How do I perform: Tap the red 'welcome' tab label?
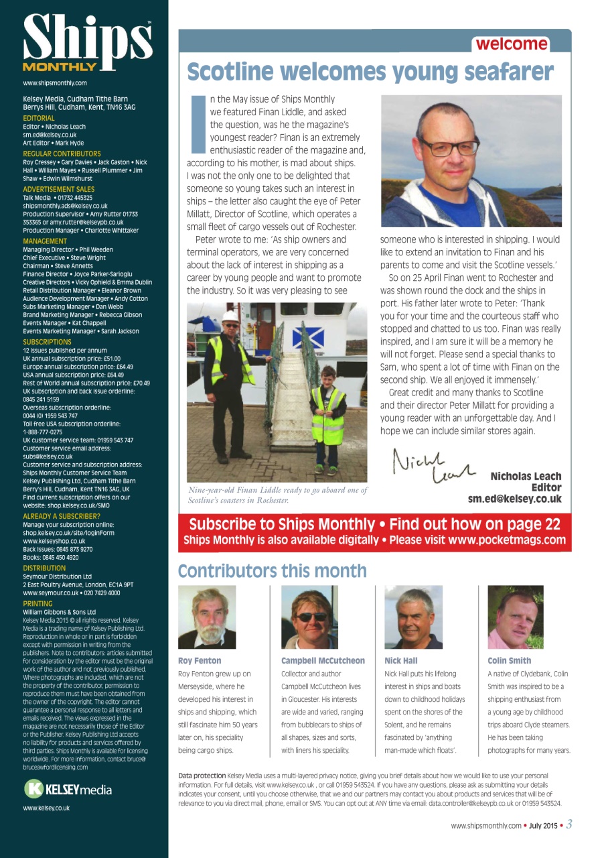click(x=511, y=44)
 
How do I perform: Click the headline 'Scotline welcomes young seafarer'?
click(x=370, y=72)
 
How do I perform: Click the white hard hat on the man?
click(x=230, y=316)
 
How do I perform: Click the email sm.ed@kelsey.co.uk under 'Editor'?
click(x=514, y=499)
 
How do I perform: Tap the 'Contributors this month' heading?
click(x=272, y=571)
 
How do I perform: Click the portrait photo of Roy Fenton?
click(x=207, y=617)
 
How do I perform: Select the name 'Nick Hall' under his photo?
click(x=400, y=660)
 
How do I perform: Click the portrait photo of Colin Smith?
click(x=516, y=617)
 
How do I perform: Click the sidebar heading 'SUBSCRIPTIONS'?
click(x=47, y=342)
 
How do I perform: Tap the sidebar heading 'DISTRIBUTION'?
click(x=44, y=568)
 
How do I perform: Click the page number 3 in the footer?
click(x=569, y=824)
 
